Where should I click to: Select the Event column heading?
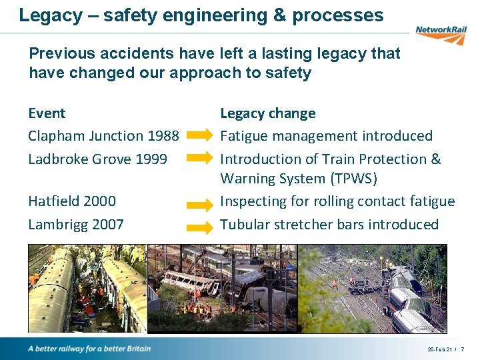tap(47, 113)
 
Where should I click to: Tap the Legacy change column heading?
tap(268, 113)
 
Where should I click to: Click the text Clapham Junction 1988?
tap(103, 136)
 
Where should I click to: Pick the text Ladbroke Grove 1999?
tap(97, 159)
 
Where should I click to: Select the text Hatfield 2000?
tap(72, 201)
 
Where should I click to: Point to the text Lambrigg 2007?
tap(76, 224)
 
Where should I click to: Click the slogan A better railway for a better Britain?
tap(89, 349)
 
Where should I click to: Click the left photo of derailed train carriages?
tap(87, 288)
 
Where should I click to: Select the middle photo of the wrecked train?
tap(221, 288)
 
